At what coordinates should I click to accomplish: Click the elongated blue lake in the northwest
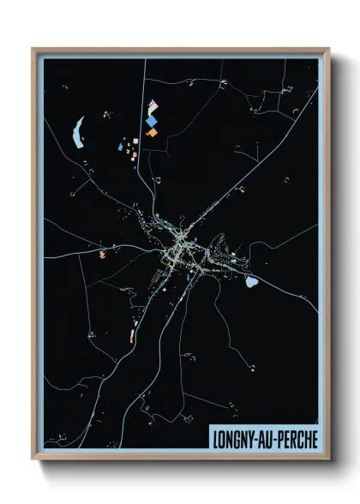pos(79,130)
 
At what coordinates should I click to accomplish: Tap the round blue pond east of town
pos(253,281)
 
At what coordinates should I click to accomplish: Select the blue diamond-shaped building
pos(152,122)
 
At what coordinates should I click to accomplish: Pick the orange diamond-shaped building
pos(152,133)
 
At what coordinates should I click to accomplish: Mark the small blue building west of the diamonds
pos(120,147)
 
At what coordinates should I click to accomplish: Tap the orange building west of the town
pos(101,255)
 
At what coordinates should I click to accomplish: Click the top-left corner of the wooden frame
pos(33,49)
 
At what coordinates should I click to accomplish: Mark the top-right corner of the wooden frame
pos(328,49)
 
